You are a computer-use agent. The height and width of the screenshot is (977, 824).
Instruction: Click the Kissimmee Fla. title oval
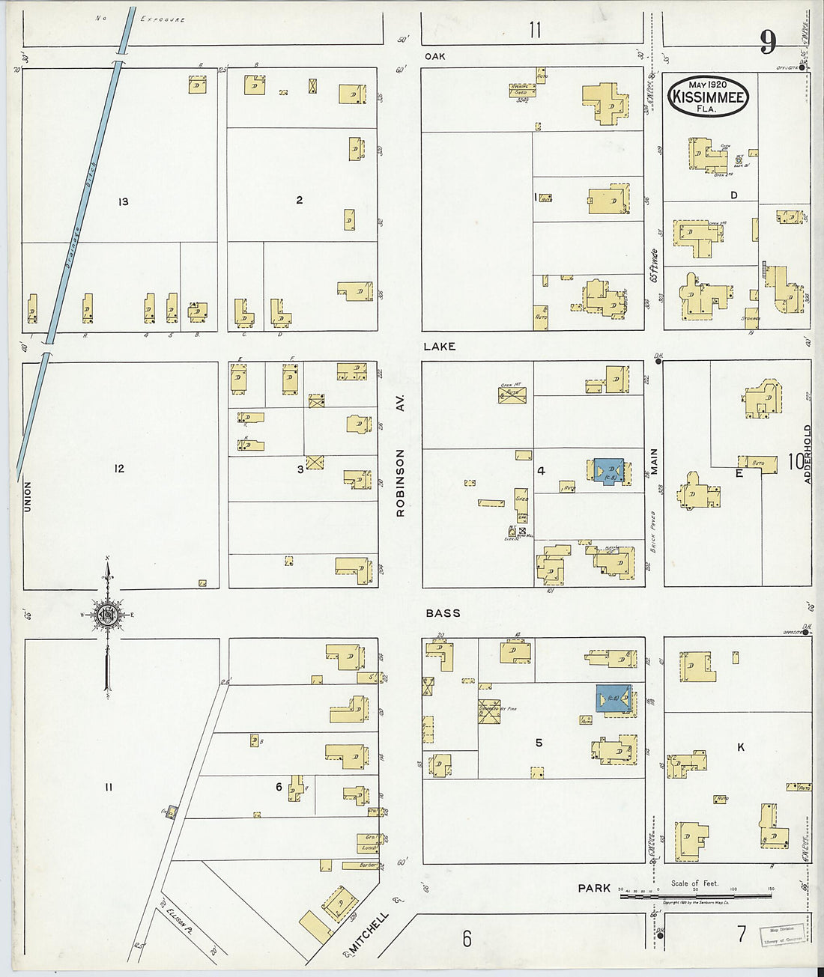(708, 96)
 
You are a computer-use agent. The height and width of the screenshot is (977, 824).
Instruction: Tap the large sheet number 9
(768, 42)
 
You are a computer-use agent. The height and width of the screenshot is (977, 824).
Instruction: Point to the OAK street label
(434, 56)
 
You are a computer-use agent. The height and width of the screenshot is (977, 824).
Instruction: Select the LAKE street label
(439, 347)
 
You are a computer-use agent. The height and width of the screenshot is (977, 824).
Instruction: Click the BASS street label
(443, 613)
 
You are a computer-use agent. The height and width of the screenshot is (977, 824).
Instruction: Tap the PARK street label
(594, 888)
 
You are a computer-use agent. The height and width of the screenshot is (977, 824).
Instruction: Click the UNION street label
(28, 496)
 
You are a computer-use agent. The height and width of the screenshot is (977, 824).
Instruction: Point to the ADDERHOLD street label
(808, 454)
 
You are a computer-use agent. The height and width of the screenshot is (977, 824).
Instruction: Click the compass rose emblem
(108, 615)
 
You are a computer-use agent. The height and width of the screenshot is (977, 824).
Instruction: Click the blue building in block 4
(608, 470)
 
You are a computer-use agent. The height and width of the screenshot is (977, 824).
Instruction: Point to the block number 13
(123, 201)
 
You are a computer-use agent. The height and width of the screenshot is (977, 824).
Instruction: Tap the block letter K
(741, 747)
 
